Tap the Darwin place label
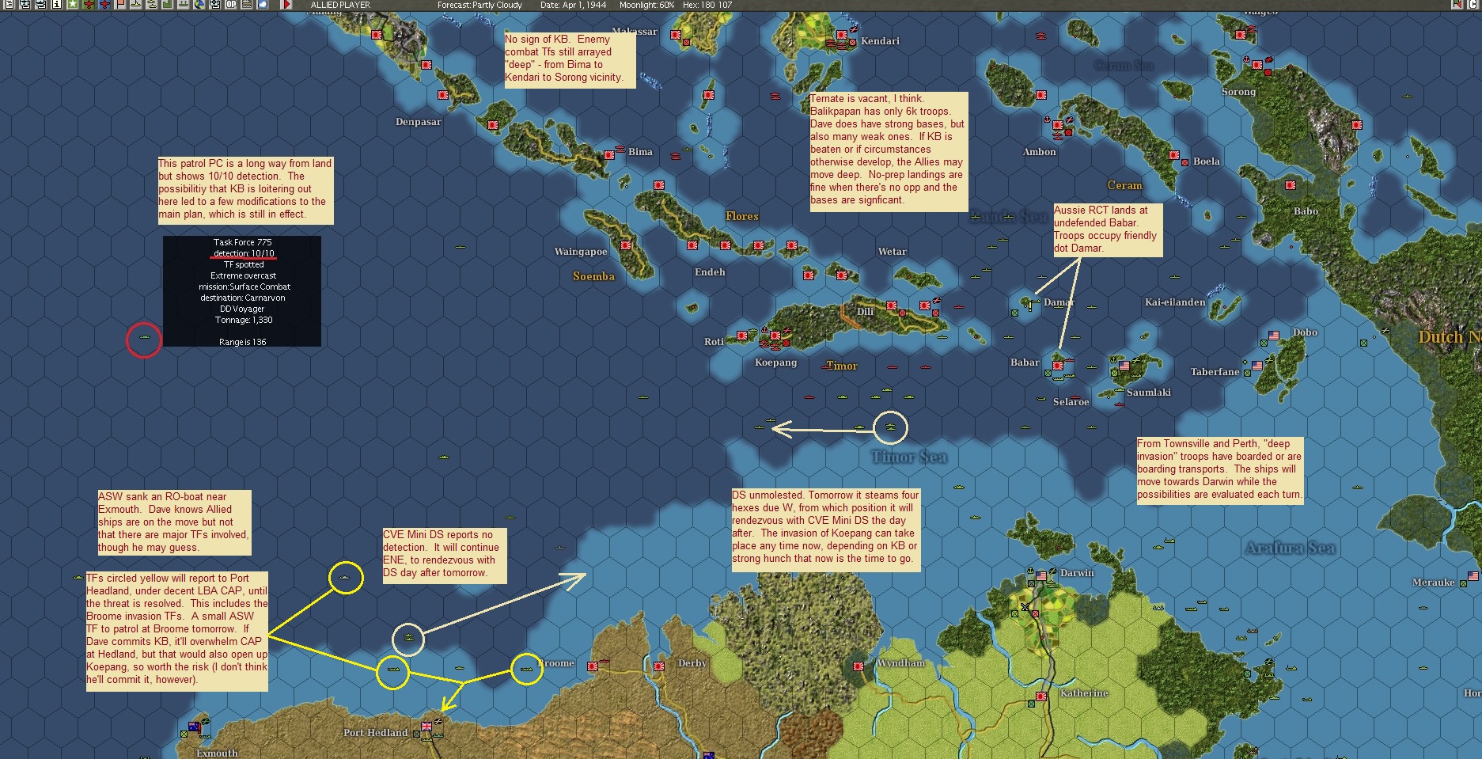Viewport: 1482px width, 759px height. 1077,573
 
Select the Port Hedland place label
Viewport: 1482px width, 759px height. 375,733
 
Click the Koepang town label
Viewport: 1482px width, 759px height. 775,362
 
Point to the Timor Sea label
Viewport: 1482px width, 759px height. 908,457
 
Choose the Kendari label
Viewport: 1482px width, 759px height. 880,41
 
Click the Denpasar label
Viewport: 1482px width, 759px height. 418,122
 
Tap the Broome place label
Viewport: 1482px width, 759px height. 557,663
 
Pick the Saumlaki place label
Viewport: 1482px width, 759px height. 1148,393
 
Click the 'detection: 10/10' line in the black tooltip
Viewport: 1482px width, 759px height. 243,253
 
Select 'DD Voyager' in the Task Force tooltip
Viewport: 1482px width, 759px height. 242,309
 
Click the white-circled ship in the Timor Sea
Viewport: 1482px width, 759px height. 890,427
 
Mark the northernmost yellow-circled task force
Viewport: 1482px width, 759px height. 346,578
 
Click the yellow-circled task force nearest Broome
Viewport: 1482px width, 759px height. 526,669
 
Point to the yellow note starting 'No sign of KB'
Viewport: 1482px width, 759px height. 569,59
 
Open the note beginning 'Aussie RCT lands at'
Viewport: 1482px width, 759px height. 1107,230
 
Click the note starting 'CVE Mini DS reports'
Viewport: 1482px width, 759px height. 444,554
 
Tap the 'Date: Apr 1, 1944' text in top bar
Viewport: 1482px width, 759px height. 573,5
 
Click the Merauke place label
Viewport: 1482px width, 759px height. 1433,583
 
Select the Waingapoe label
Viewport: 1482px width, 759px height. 580,252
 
